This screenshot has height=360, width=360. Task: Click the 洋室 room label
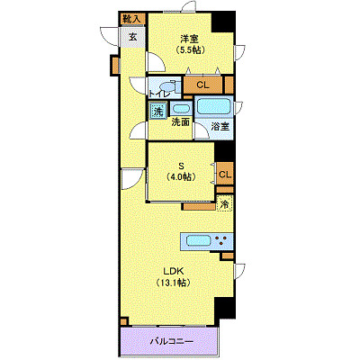188,38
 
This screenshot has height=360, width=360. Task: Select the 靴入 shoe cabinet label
132,18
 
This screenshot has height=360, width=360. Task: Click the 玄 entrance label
132,37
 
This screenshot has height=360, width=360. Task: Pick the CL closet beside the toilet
202,85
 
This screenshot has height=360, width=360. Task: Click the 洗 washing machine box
157,112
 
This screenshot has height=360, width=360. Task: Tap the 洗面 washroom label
179,122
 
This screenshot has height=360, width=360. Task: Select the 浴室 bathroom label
219,127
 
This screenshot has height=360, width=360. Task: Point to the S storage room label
181,164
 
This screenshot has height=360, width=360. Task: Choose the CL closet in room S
225,174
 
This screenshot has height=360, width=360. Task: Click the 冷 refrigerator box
224,205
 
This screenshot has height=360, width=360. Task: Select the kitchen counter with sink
206,240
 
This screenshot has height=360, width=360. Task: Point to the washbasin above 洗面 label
179,107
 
